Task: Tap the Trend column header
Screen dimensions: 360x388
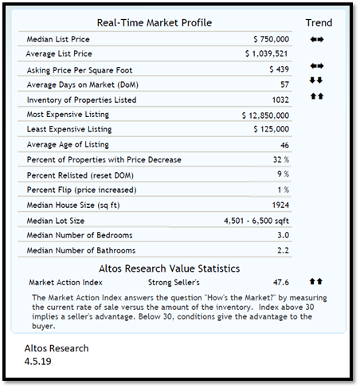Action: pos(319,22)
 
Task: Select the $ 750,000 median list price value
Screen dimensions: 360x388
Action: pos(267,39)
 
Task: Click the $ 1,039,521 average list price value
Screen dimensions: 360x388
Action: pos(267,54)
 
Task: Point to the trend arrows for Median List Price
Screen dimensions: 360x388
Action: pos(316,38)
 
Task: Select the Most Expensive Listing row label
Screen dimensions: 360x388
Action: pos(68,115)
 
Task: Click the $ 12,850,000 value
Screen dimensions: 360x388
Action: pos(264,115)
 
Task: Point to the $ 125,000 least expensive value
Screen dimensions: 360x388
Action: pos(271,130)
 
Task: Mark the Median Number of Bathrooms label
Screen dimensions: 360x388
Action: pos(80,250)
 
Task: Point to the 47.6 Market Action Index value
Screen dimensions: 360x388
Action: pos(280,282)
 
